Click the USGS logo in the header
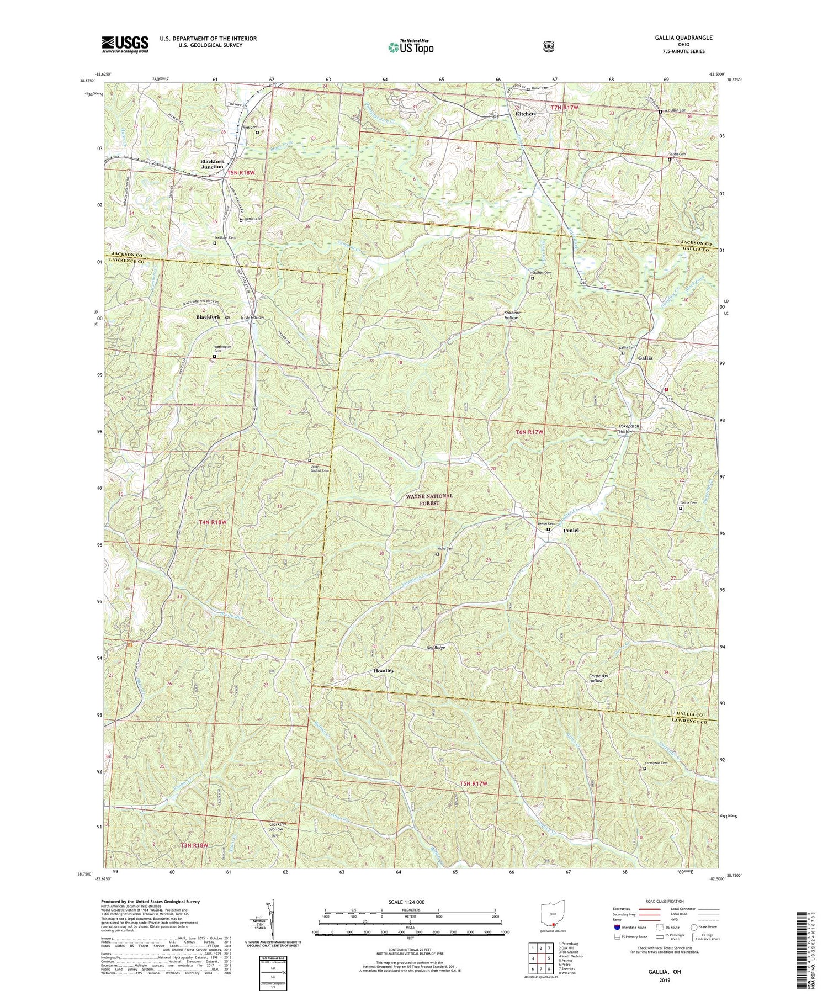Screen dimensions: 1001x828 click(x=125, y=44)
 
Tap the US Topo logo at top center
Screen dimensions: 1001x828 click(x=411, y=47)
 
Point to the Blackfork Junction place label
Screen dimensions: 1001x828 click(x=213, y=163)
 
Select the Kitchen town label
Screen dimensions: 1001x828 click(x=525, y=114)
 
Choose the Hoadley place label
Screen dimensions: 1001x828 click(x=381, y=670)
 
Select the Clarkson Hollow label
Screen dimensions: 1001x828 click(x=268, y=827)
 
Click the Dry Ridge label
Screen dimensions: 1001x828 click(x=436, y=647)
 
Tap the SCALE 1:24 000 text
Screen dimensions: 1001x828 click(x=410, y=902)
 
